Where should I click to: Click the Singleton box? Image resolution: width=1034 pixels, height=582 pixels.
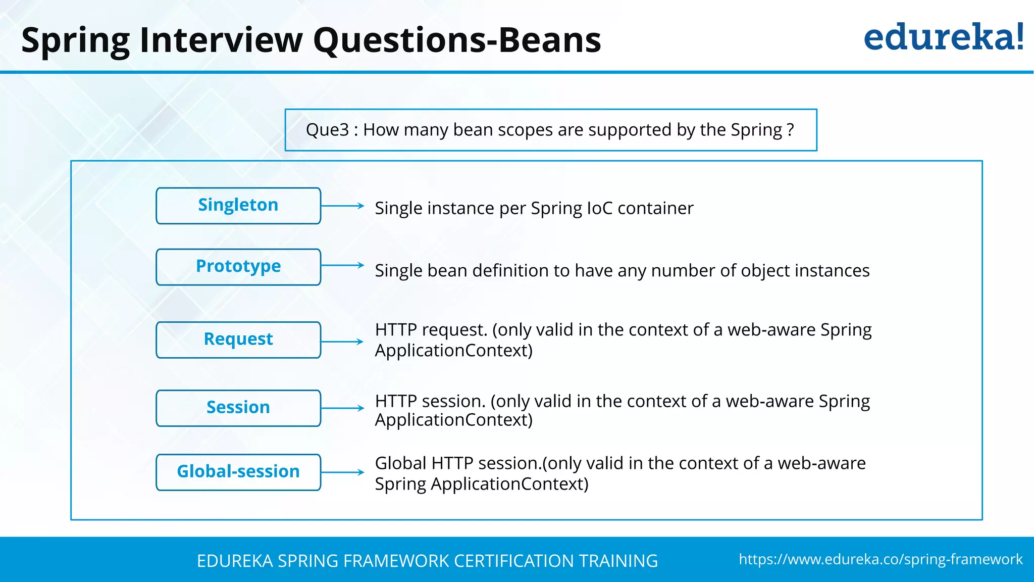click(238, 206)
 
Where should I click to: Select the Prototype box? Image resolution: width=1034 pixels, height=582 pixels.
click(238, 267)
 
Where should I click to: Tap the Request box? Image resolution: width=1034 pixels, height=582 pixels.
click(238, 339)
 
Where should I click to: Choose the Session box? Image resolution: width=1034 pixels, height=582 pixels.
click(238, 408)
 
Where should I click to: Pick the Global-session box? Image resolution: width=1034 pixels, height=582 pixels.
click(238, 472)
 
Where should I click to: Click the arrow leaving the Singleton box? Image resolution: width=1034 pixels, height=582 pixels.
click(342, 206)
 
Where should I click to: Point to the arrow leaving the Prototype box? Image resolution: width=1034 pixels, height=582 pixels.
click(342, 265)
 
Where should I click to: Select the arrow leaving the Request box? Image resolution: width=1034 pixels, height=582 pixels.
click(342, 342)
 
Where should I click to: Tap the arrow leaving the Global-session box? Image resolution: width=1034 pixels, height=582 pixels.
click(342, 472)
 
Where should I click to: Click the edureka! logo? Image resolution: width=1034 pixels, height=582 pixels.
click(943, 37)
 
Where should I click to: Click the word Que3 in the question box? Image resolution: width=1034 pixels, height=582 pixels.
click(327, 130)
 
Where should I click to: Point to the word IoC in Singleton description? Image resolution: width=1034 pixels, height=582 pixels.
click(599, 208)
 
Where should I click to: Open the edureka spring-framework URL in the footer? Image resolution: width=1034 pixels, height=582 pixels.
click(881, 559)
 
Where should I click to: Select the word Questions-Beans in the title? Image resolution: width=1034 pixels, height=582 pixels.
click(457, 40)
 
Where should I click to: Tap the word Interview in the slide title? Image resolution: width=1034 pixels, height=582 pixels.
click(221, 40)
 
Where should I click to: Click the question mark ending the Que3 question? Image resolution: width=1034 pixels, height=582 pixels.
click(790, 130)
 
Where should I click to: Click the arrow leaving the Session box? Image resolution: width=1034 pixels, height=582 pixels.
click(342, 408)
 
